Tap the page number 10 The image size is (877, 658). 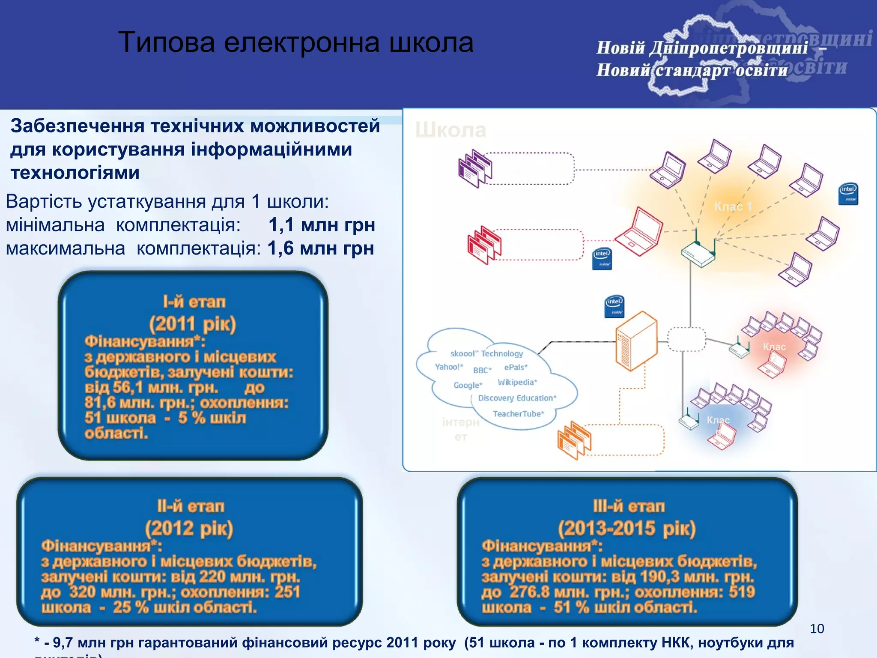(x=817, y=628)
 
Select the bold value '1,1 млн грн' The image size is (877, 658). (x=322, y=225)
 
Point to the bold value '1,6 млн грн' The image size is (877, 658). (x=321, y=248)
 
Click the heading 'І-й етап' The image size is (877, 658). (x=194, y=302)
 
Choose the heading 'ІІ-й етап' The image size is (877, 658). (x=191, y=506)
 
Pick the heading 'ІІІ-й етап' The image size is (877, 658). (x=629, y=506)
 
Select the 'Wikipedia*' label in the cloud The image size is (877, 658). (x=517, y=382)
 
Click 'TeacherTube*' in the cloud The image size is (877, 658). (x=518, y=414)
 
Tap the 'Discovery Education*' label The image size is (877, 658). (x=517, y=398)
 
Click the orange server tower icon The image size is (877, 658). (x=636, y=341)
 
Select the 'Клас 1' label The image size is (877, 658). (x=733, y=207)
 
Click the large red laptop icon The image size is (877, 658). (x=639, y=231)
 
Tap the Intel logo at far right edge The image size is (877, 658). (x=848, y=194)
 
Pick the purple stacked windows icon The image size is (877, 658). (x=475, y=169)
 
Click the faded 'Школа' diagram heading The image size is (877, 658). (x=450, y=130)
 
